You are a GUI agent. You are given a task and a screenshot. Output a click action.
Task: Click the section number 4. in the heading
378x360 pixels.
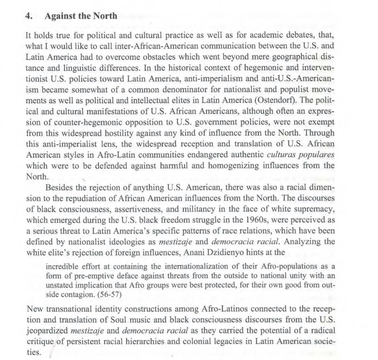click(x=29, y=16)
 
